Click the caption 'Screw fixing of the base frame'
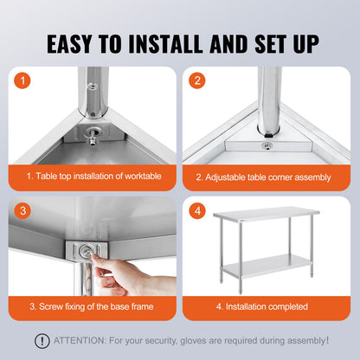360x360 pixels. (93, 305)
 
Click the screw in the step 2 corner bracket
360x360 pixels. (267, 145)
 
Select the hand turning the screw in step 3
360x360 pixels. (121, 277)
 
